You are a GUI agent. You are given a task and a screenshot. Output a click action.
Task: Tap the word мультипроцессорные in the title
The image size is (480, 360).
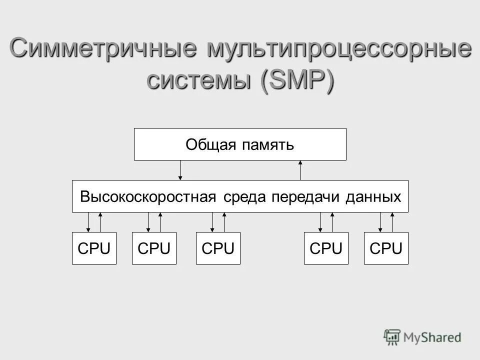point(336,50)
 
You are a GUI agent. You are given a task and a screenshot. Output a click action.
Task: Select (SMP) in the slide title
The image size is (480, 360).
point(295,80)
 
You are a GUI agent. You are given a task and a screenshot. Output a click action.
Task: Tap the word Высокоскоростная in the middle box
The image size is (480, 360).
point(148,196)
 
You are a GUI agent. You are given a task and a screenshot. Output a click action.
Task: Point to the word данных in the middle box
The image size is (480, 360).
point(373,196)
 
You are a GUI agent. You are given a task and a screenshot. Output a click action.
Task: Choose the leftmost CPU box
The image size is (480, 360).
point(94,248)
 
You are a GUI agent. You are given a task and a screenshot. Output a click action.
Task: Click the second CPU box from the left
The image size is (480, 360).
point(154,248)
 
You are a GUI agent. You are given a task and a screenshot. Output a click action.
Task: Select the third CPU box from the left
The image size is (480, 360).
point(218,248)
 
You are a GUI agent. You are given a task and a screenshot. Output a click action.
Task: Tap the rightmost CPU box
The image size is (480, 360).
point(386,248)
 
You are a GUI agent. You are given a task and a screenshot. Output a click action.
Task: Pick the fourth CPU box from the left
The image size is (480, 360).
point(326,248)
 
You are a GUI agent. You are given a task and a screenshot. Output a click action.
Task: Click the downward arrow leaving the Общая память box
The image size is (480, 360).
point(180,170)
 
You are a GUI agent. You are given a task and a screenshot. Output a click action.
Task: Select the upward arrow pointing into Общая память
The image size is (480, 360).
point(300,170)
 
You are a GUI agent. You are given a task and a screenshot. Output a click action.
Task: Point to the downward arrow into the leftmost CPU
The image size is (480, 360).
point(88,222)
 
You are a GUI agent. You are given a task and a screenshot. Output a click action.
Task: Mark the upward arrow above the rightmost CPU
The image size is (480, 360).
point(392,222)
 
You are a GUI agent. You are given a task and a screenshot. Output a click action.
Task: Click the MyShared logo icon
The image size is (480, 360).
point(392,336)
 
